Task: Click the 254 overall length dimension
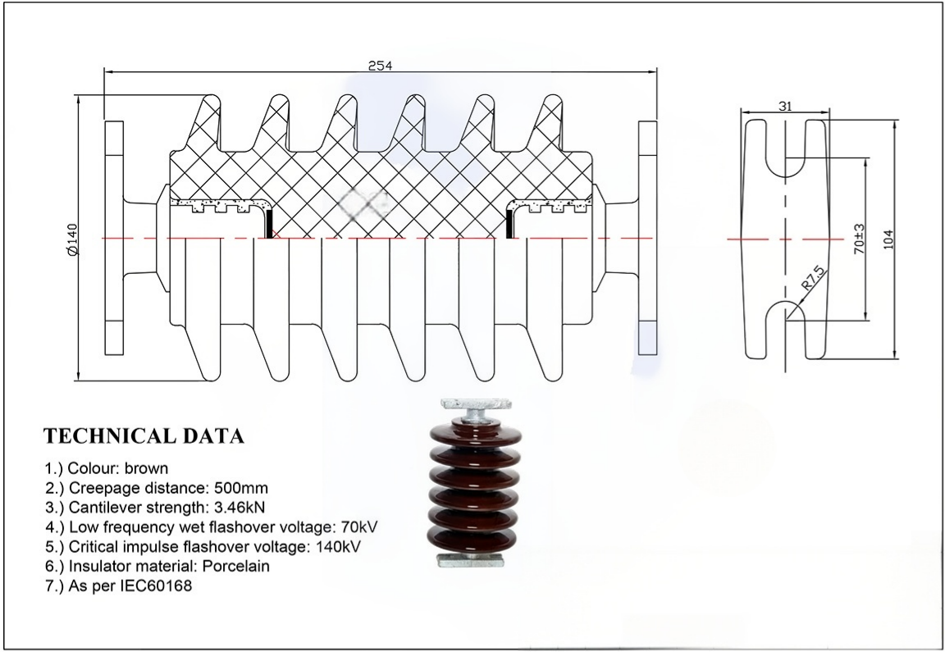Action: pyautogui.click(x=378, y=66)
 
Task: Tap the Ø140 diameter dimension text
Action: pyautogui.click(x=71, y=239)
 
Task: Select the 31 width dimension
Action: pyautogui.click(x=785, y=107)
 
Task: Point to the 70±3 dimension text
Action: pyautogui.click(x=859, y=239)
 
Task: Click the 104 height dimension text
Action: pyautogui.click(x=888, y=239)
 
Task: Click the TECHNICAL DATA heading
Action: pyautogui.click(x=144, y=435)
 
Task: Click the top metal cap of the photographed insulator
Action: pyautogui.click(x=475, y=404)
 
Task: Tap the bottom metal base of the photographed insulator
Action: pyautogui.click(x=475, y=560)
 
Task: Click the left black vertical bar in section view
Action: pyautogui.click(x=269, y=224)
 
